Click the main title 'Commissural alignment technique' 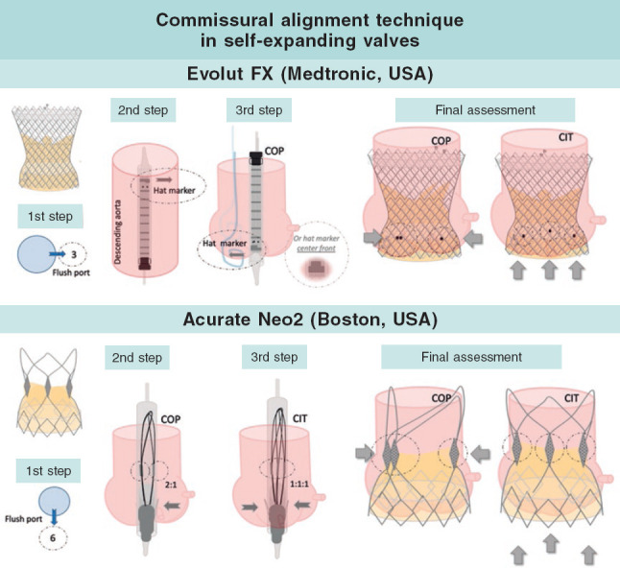309,20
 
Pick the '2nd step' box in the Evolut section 143,109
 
